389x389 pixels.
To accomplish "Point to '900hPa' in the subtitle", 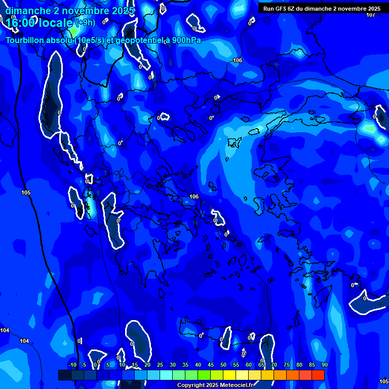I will pos(185,40).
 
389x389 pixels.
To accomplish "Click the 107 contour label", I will pos(371,14).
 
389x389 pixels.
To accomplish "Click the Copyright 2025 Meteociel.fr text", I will pos(215,385).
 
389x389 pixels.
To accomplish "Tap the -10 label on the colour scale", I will pos(72,365).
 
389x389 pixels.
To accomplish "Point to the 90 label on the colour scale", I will pos(324,365).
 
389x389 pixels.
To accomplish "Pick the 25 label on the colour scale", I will pos(160,365).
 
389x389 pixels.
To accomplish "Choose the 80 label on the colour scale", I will pos(299,365).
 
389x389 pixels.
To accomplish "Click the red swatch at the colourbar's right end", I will pos(318,375).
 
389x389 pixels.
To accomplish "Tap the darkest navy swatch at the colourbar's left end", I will pos(64,375).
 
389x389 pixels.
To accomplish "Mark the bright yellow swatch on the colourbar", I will pos(229,375).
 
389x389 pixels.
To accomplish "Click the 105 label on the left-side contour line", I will pos(26,192).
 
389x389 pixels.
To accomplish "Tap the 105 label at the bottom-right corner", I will pos(383,381).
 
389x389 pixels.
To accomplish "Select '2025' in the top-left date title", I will pos(123,11).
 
